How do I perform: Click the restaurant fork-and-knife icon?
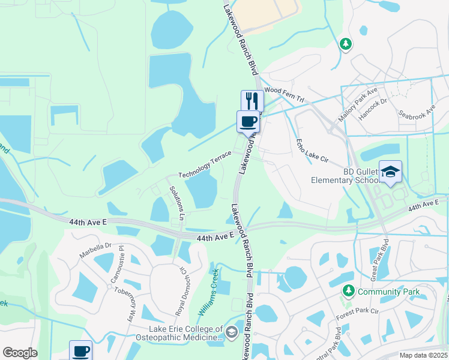[x=252, y=100]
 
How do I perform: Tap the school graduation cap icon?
[x=390, y=172]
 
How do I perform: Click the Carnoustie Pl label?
[x=116, y=264]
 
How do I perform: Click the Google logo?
[x=20, y=353]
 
